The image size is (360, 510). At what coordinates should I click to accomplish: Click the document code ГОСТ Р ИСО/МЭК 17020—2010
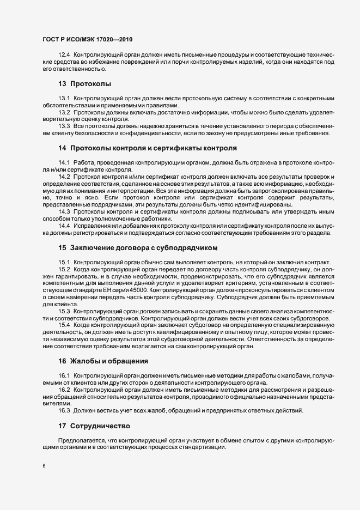point(87,40)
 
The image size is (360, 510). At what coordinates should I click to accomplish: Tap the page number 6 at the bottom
point(44,466)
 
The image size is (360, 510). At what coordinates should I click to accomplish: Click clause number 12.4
point(64,56)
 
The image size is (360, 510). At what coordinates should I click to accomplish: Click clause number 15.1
point(64,262)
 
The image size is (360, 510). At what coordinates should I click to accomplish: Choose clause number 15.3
point(64,311)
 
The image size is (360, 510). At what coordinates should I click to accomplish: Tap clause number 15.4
point(64,325)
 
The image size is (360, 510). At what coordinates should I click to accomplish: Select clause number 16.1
point(64,375)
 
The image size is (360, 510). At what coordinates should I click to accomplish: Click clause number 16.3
point(64,410)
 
